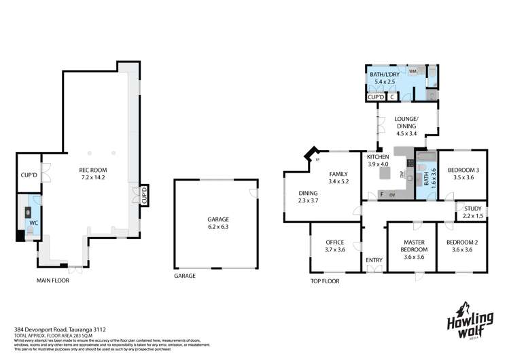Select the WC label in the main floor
tap(33, 221)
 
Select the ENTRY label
tap(374, 260)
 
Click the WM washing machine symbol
tap(413, 70)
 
